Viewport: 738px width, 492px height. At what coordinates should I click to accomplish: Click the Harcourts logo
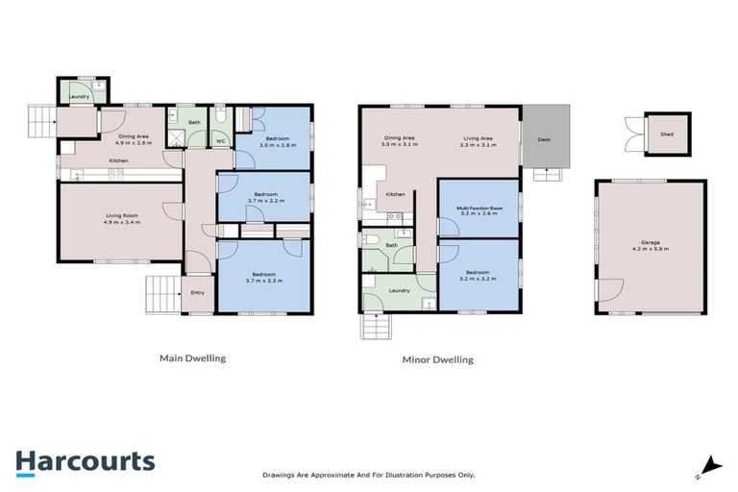pyautogui.click(x=85, y=461)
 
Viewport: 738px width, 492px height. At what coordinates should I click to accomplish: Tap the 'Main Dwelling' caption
pyautogui.click(x=192, y=358)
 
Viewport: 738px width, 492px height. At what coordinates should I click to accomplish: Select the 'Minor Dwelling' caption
pyautogui.click(x=437, y=360)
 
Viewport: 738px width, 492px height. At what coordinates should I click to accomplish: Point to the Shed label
pyautogui.click(x=666, y=135)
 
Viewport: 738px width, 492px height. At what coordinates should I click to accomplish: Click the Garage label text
pyautogui.click(x=650, y=245)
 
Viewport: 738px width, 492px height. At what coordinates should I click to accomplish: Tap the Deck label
pyautogui.click(x=545, y=140)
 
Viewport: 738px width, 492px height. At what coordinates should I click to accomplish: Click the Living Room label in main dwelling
pyautogui.click(x=122, y=218)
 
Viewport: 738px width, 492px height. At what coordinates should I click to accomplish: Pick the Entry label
pyautogui.click(x=198, y=292)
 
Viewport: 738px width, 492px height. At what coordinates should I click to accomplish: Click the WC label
pyautogui.click(x=220, y=141)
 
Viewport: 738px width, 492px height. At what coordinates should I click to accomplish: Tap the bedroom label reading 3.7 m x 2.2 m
pyautogui.click(x=264, y=198)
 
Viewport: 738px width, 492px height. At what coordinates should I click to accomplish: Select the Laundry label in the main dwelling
pyautogui.click(x=79, y=96)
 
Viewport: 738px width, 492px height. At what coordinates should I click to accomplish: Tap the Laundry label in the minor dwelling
pyautogui.click(x=400, y=290)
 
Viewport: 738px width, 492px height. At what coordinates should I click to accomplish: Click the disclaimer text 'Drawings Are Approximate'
pyautogui.click(x=368, y=475)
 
